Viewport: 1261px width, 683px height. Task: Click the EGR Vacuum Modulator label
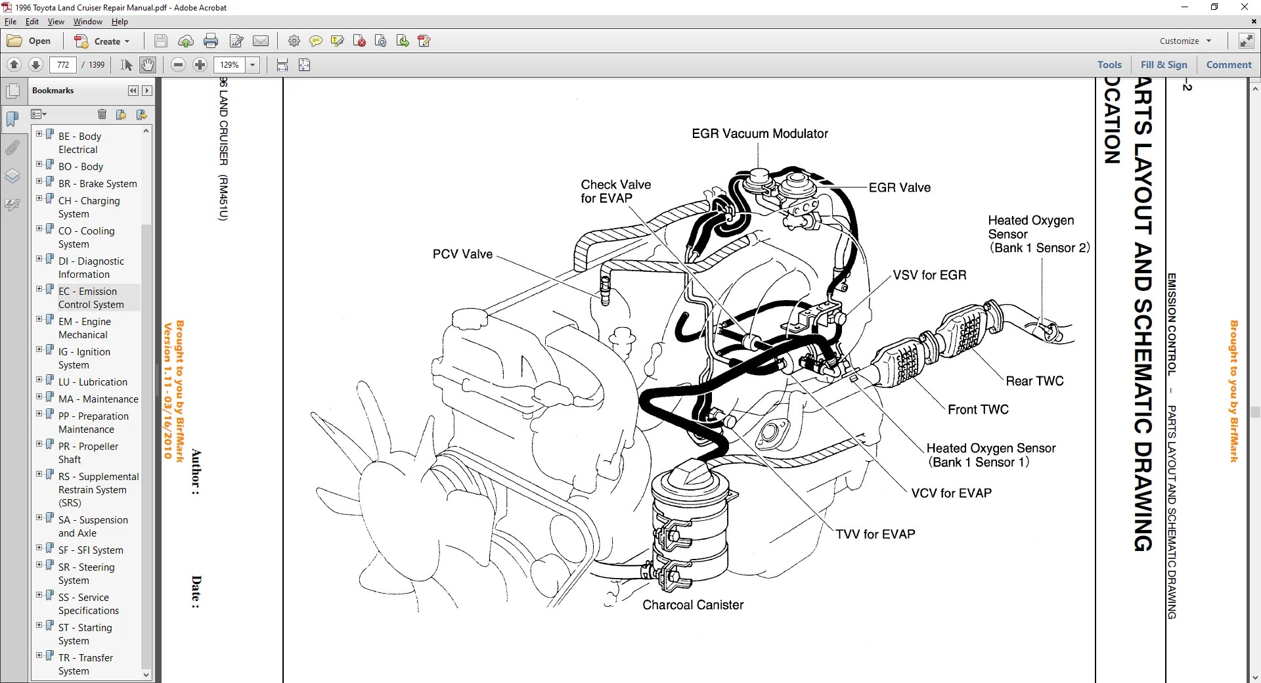pos(759,133)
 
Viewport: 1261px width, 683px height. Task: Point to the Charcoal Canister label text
pos(692,605)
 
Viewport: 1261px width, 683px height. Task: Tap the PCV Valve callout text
pos(462,254)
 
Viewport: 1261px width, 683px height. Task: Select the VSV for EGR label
pos(929,275)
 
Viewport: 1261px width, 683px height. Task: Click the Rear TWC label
pos(1034,381)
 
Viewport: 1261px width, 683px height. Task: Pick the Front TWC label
pos(978,410)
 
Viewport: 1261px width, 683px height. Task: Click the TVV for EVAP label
pos(875,535)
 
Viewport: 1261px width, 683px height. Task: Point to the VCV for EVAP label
pos(951,493)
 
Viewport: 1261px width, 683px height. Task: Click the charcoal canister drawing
pos(690,525)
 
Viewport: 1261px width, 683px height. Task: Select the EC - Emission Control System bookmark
pos(91,297)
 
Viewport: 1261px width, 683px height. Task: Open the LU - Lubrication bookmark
pos(93,382)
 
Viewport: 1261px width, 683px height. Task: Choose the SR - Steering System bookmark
pos(86,573)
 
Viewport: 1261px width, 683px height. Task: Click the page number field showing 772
pos(63,65)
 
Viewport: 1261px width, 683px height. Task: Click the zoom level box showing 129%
pos(229,65)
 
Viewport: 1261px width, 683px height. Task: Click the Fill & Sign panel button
pos(1164,65)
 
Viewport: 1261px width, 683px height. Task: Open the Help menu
pos(120,22)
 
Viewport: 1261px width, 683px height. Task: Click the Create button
pos(102,41)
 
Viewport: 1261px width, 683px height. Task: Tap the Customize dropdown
pos(1185,41)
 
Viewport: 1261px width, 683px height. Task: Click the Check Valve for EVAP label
pos(615,191)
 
